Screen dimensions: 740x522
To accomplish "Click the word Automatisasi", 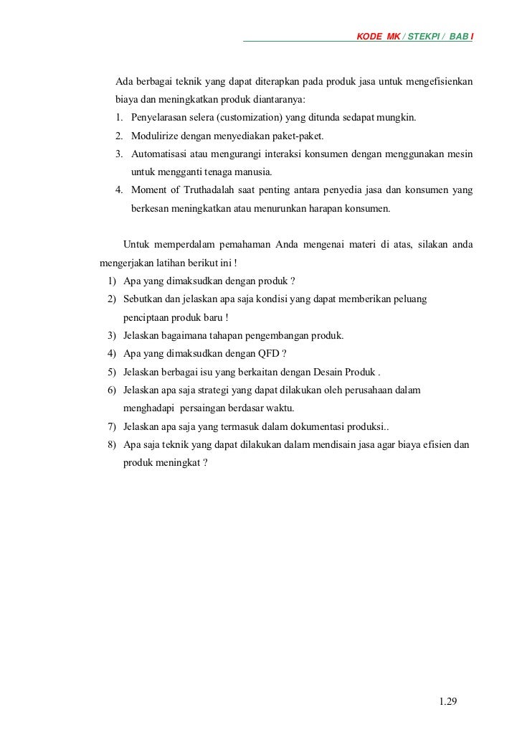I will point(161,154).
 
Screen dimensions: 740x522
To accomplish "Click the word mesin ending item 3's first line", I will point(457,154).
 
